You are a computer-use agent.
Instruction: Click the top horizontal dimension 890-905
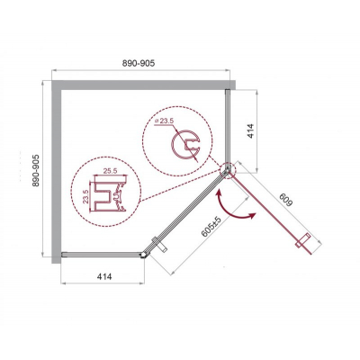point(139,63)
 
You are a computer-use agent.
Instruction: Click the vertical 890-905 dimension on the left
point(36,171)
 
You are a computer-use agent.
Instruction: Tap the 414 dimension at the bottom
point(104,276)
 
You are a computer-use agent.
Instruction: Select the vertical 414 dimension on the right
point(250,130)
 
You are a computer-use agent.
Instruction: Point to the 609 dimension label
point(284,200)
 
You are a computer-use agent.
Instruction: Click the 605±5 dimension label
point(211,227)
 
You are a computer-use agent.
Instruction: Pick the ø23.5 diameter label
point(165,121)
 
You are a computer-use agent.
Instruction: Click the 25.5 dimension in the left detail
point(110,171)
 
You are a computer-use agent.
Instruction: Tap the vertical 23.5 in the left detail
point(85,196)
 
